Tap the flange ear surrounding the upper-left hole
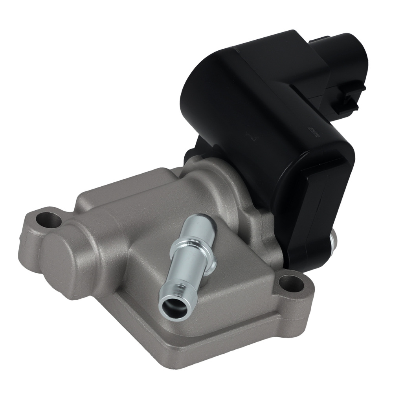coord(37,228)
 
